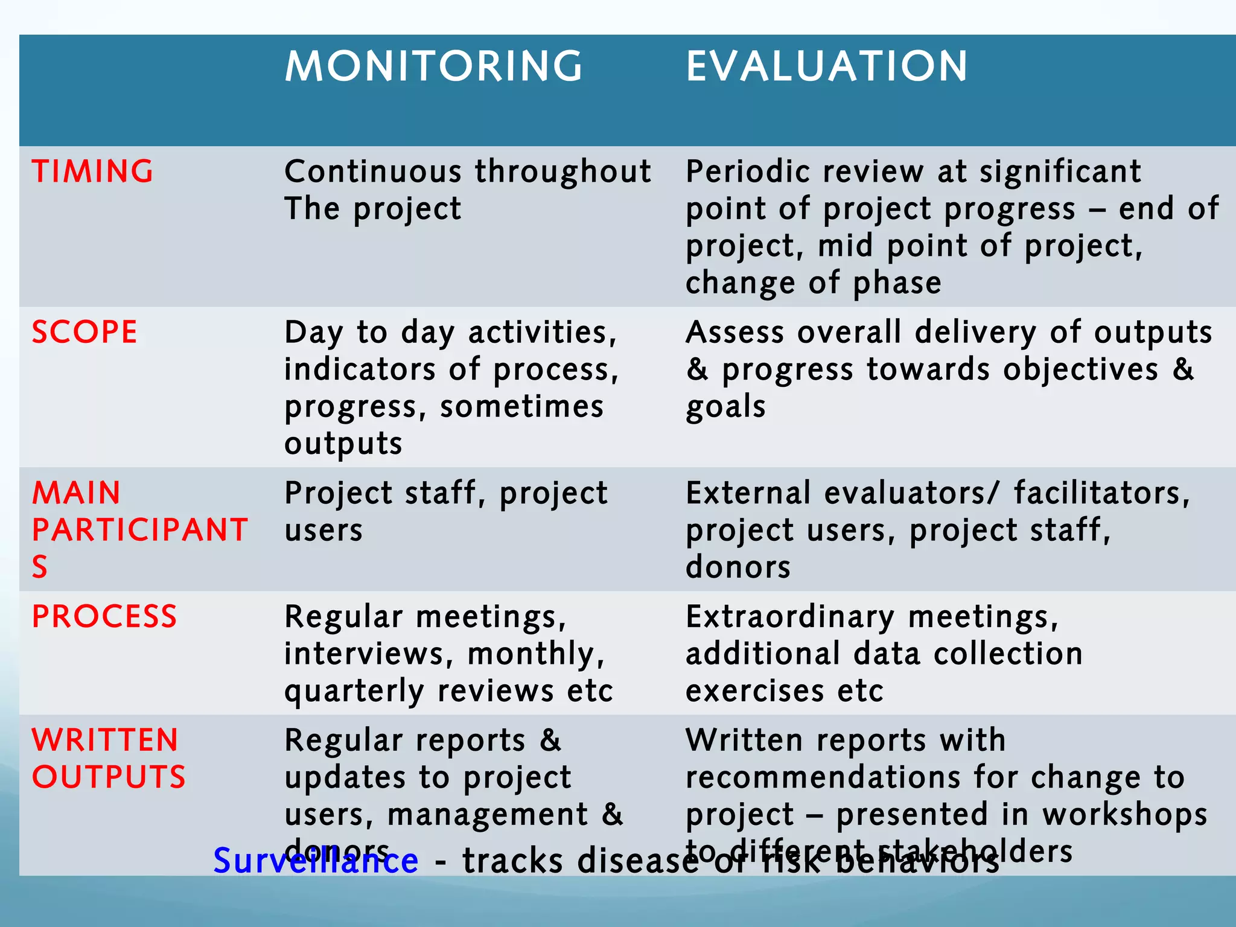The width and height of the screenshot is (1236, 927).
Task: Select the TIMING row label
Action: [x=93, y=171]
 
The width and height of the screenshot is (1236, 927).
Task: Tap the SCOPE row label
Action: [x=84, y=332]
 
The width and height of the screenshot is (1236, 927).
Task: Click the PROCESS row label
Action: [x=104, y=617]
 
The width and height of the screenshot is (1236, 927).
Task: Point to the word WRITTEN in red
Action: [x=105, y=741]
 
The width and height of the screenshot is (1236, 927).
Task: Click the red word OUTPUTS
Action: [x=109, y=777]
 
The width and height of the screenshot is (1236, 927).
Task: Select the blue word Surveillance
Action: [x=316, y=861]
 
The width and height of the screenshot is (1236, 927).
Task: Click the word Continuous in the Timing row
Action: [x=372, y=171]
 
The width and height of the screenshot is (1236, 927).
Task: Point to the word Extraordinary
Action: [x=790, y=617]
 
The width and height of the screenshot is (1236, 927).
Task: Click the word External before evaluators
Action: [x=748, y=493]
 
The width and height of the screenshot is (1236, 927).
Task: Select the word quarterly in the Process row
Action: [x=354, y=692]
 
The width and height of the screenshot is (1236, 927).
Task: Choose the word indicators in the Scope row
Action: [x=360, y=369]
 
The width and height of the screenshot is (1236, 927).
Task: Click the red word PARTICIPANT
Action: [x=139, y=530]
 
